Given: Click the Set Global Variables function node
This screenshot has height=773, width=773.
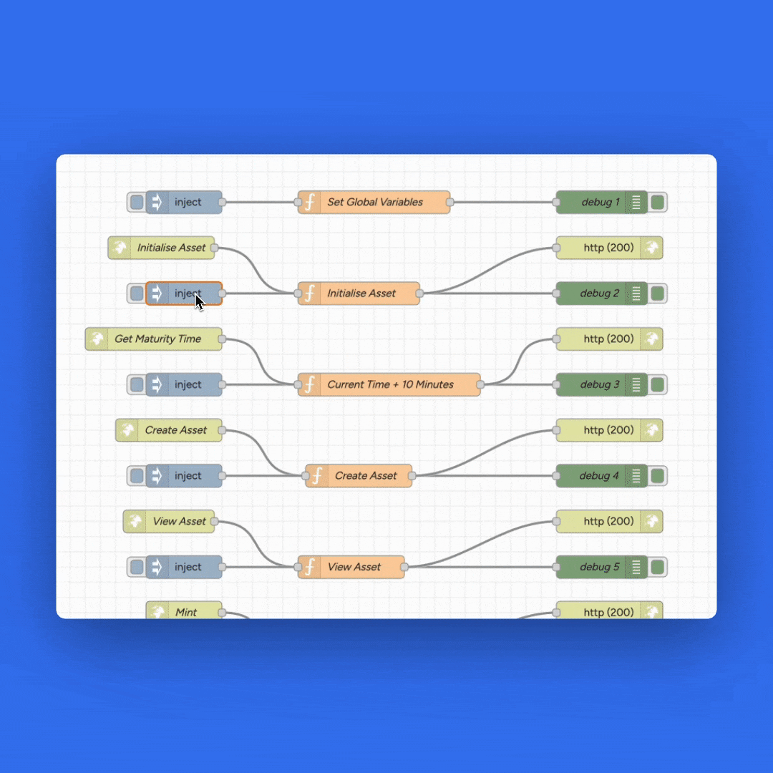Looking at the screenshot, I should (374, 203).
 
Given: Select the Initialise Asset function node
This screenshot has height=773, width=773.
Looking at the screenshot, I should (359, 293).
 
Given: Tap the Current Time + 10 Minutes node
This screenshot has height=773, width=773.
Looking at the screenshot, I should (389, 384).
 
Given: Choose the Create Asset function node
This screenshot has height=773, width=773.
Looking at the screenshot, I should (359, 476).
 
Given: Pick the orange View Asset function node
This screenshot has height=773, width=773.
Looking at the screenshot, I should (351, 567).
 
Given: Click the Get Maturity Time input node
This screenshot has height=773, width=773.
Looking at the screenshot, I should (154, 339).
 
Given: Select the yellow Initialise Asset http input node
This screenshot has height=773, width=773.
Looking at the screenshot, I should (162, 248).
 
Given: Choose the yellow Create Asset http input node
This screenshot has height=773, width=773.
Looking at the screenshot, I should (169, 430).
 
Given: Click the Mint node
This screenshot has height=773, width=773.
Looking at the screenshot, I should (184, 612).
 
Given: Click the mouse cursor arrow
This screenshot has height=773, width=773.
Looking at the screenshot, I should (200, 302).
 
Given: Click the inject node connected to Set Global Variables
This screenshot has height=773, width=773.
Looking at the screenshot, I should (184, 203).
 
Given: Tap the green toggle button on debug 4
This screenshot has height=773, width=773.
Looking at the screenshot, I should (657, 476).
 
